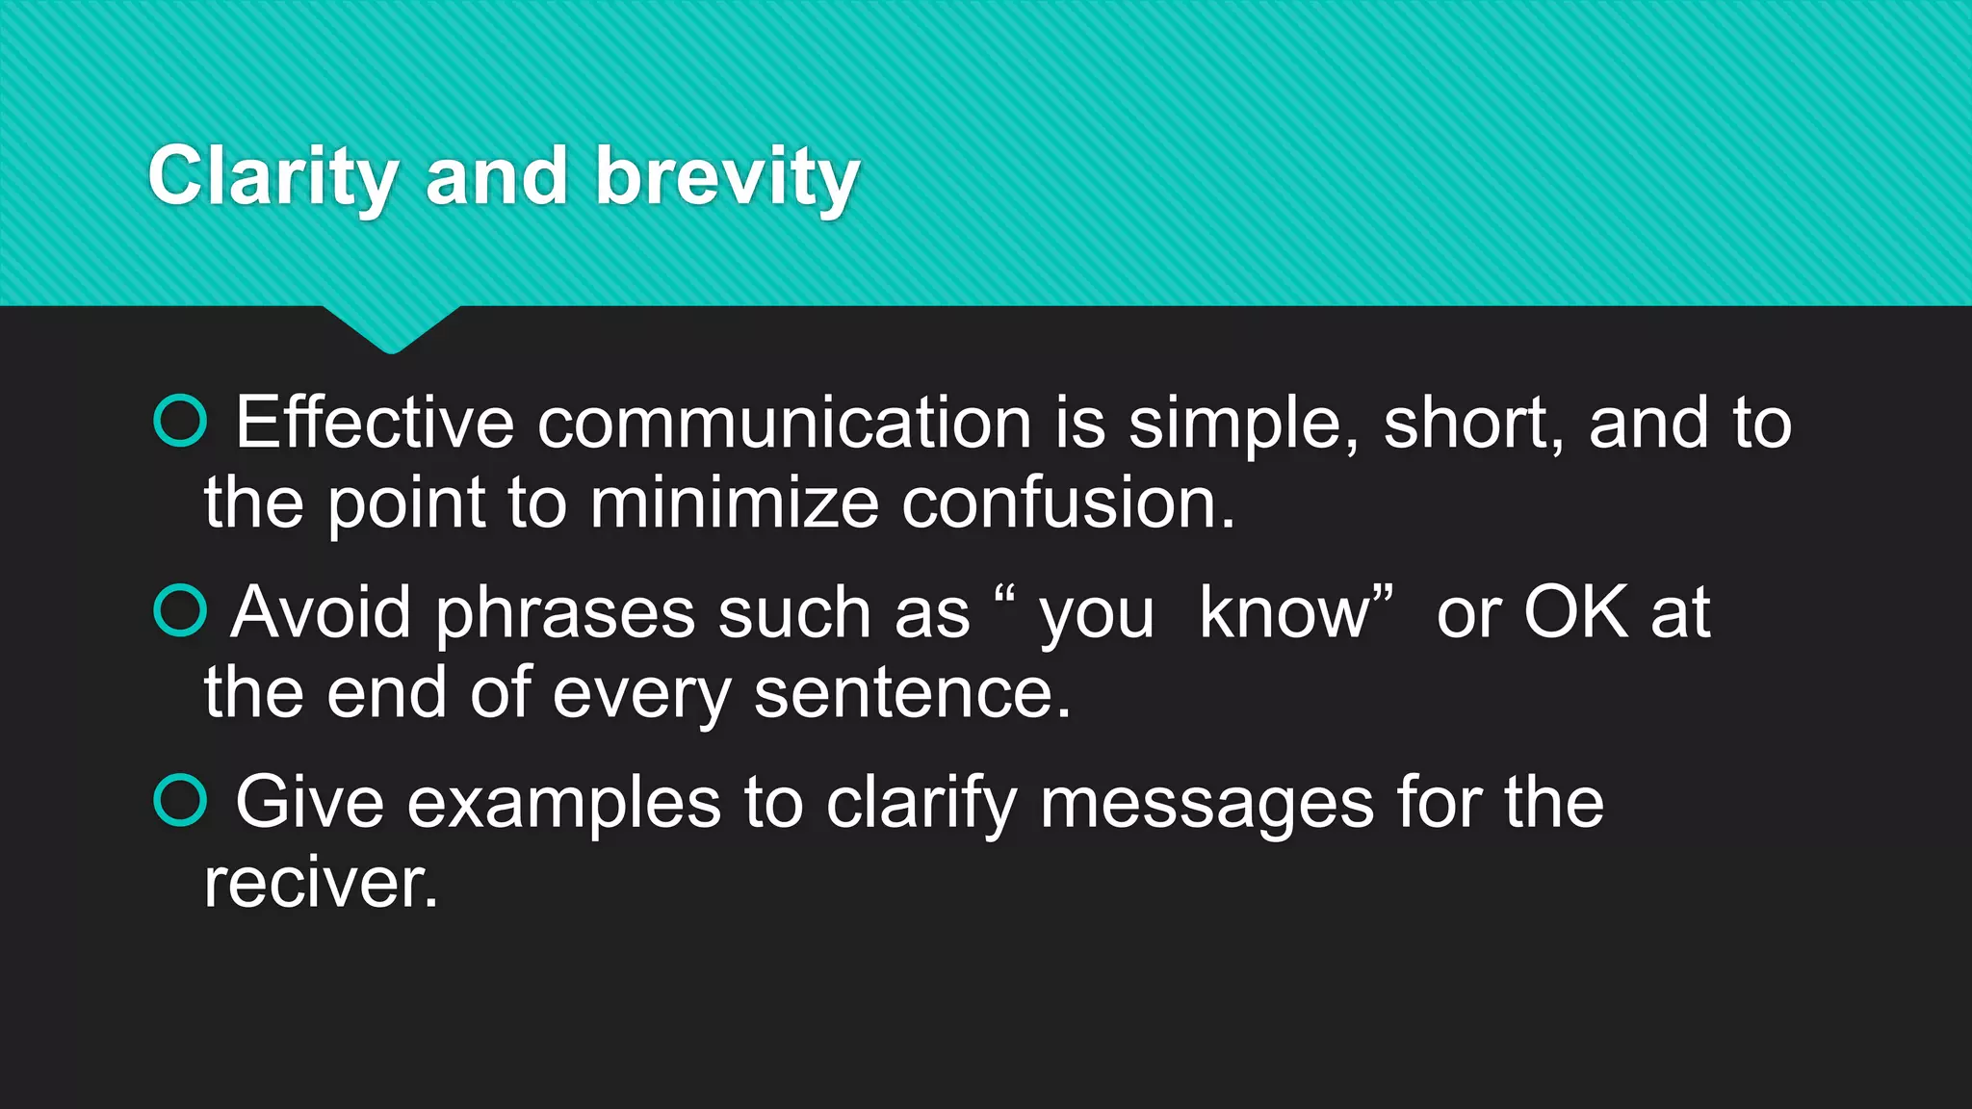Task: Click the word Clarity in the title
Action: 272,177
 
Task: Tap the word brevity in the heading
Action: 727,177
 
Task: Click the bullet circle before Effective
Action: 180,421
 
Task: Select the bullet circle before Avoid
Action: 180,611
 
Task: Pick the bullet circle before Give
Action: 180,801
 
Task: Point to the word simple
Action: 1242,424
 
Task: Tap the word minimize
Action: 734,503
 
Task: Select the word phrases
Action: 565,614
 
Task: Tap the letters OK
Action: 1575,612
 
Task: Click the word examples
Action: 563,803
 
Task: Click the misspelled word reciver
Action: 320,883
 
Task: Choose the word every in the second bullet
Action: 641,693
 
